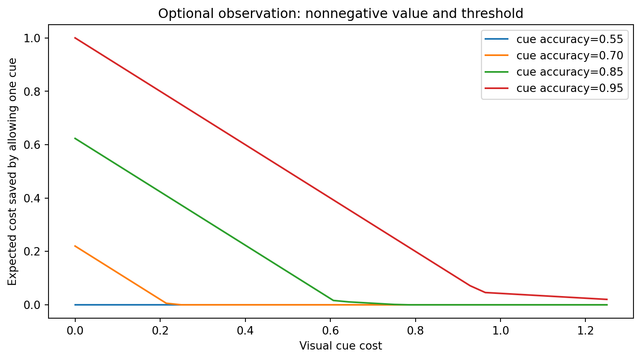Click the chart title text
pyautogui.click(x=340, y=13)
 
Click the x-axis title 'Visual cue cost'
pyautogui.click(x=340, y=346)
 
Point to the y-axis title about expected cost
pyautogui.click(x=12, y=172)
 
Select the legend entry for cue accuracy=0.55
pyautogui.click(x=554, y=39)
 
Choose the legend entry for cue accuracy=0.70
pyautogui.click(x=554, y=56)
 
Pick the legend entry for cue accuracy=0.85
pyautogui.click(x=554, y=72)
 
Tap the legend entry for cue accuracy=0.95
pyautogui.click(x=554, y=88)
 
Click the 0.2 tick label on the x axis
pyautogui.click(x=160, y=331)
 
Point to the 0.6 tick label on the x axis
pyautogui.click(x=330, y=331)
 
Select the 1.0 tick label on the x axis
pyautogui.click(x=501, y=331)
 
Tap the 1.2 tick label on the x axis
pyautogui.click(x=585, y=331)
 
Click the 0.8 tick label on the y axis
pyautogui.click(x=32, y=92)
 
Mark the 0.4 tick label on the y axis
pyautogui.click(x=32, y=198)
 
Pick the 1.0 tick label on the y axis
pyautogui.click(x=32, y=38)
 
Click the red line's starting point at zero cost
pyautogui.click(x=75, y=38)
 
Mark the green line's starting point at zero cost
pyautogui.click(x=75, y=138)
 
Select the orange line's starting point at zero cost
pyautogui.click(x=75, y=246)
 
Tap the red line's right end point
pyautogui.click(x=607, y=299)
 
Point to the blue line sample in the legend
pyautogui.click(x=496, y=39)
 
